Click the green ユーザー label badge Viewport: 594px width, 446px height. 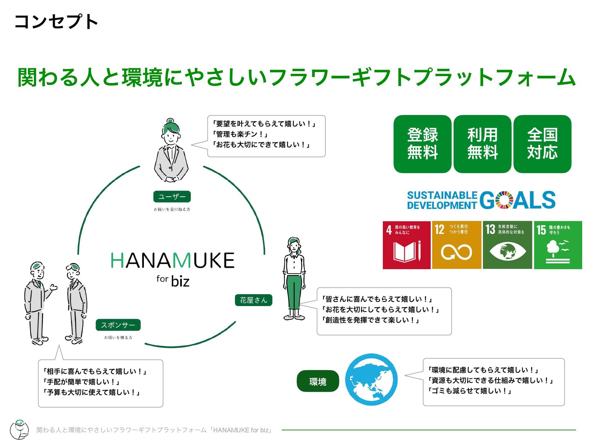(x=172, y=197)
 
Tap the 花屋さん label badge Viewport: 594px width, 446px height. (x=253, y=300)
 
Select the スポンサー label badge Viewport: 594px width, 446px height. (x=118, y=325)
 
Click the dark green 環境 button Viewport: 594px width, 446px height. (x=318, y=381)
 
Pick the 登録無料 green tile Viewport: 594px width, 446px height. (x=422, y=144)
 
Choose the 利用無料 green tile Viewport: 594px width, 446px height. (x=482, y=144)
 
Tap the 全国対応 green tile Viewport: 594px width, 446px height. (x=542, y=144)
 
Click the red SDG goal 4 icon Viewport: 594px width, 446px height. (x=407, y=245)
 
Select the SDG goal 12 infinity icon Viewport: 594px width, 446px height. (x=456, y=245)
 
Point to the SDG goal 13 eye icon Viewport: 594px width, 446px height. (x=507, y=245)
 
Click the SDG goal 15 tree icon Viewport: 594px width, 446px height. (x=558, y=245)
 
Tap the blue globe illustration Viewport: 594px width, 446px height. (x=371, y=379)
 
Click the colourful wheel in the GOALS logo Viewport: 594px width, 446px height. (x=504, y=200)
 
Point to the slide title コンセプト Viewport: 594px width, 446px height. (x=56, y=22)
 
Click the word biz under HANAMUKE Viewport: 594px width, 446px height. (x=180, y=281)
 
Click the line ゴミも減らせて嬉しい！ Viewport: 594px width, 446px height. (x=470, y=391)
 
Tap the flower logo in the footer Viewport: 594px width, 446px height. (x=19, y=429)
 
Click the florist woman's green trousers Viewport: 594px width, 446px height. (x=294, y=291)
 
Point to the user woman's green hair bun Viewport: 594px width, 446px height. (x=170, y=120)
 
